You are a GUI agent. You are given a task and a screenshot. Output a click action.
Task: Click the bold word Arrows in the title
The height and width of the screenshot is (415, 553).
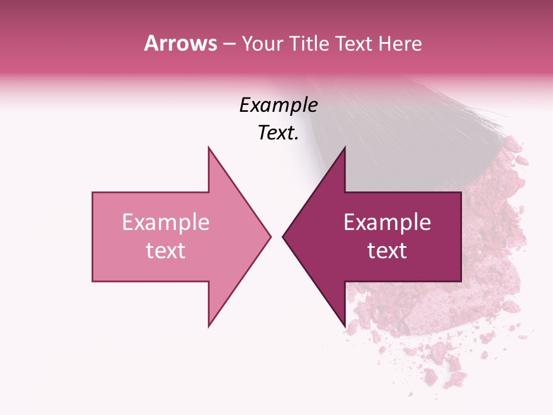(x=180, y=43)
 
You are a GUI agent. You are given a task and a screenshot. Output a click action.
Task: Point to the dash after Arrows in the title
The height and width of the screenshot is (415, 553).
(x=229, y=44)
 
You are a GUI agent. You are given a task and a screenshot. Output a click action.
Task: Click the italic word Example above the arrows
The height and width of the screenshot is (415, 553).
(x=279, y=105)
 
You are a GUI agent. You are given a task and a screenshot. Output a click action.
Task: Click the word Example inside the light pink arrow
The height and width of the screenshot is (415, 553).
(x=166, y=222)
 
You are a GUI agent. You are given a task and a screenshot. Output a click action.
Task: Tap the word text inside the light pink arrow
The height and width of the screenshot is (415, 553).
(x=166, y=251)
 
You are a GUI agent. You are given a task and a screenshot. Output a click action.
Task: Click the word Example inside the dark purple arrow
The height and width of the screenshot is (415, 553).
(x=387, y=222)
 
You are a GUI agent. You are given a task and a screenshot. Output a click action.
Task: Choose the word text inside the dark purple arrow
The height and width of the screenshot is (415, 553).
(x=387, y=251)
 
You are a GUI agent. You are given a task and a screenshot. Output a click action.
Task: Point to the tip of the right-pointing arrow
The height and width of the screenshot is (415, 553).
(x=270, y=236)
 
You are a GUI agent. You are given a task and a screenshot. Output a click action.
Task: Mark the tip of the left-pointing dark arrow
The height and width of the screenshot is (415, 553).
(x=283, y=236)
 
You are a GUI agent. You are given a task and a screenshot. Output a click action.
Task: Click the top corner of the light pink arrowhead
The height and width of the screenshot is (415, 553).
(x=209, y=148)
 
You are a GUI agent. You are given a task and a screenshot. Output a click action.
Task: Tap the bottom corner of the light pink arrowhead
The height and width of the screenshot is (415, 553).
(x=209, y=326)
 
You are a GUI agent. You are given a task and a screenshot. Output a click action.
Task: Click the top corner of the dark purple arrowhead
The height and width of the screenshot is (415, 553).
(x=344, y=148)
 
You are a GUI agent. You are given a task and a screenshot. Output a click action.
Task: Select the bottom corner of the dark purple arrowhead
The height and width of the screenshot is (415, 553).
(x=344, y=326)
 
